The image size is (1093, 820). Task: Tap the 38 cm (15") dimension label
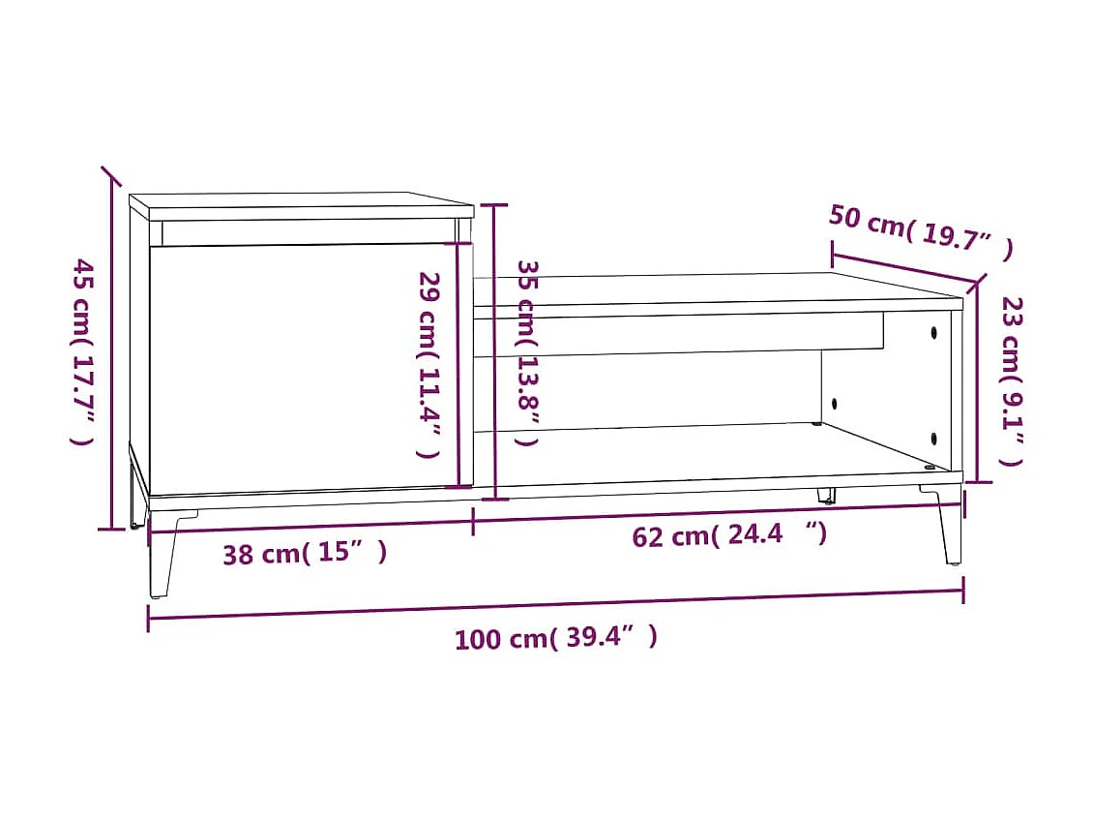pyautogui.click(x=305, y=554)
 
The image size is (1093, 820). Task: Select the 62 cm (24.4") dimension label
pyautogui.click(x=729, y=533)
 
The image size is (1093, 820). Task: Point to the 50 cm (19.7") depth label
pyautogui.click(x=920, y=232)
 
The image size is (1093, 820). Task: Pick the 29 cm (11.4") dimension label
pyautogui.click(x=428, y=364)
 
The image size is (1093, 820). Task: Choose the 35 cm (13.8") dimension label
pyautogui.click(x=527, y=352)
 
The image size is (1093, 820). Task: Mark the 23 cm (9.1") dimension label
pyautogui.click(x=1012, y=380)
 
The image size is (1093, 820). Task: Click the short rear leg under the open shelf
pyautogui.click(x=826, y=495)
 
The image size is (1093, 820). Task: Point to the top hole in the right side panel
pyautogui.click(x=934, y=333)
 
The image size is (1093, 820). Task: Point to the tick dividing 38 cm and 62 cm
pyautogui.click(x=473, y=521)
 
